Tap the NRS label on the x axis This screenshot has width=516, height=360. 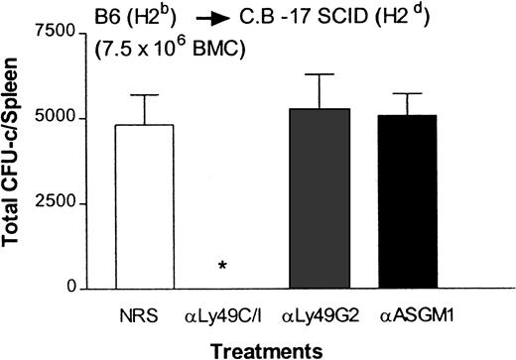(x=147, y=316)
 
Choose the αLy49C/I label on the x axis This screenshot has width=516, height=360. (x=223, y=316)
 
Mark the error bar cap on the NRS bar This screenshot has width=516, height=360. (x=146, y=95)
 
